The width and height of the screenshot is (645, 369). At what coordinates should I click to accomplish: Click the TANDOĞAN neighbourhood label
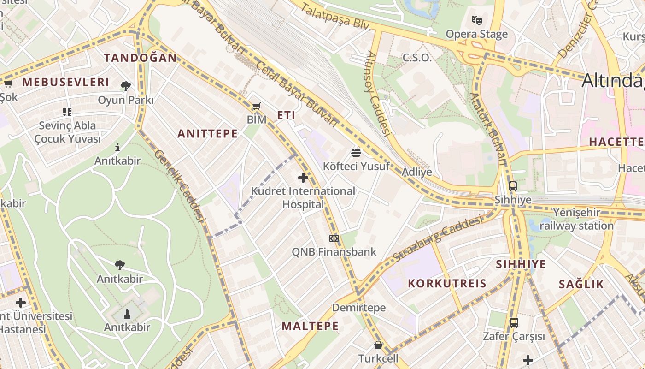tap(140, 58)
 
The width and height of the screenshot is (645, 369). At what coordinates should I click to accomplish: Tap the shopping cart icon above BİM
tap(257, 107)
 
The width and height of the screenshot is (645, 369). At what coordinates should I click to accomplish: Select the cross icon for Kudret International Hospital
tap(303, 178)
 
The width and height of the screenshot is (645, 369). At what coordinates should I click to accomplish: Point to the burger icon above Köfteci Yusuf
tap(356, 152)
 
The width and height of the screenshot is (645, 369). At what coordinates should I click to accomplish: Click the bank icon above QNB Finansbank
tap(334, 238)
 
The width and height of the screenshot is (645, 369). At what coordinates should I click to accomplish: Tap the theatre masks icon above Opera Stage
tap(476, 20)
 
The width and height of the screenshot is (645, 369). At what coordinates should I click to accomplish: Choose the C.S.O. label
tap(417, 58)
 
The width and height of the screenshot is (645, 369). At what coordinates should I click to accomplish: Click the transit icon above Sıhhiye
tap(513, 186)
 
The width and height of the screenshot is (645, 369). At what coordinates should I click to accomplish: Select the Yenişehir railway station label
tap(576, 220)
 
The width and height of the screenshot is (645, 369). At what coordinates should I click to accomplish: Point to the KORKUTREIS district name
tap(447, 283)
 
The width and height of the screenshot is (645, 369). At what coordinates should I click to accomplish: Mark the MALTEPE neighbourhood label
tap(310, 326)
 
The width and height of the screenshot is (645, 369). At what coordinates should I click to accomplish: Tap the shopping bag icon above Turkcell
tap(378, 345)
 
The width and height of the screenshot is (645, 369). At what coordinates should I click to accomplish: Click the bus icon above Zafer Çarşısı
tap(514, 323)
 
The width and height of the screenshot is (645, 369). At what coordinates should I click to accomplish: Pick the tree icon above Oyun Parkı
tap(125, 86)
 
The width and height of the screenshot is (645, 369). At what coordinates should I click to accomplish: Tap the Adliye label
tap(417, 172)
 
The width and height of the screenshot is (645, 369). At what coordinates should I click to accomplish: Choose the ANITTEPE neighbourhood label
tap(208, 134)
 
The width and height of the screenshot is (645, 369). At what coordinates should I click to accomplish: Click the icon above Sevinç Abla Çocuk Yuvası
tap(67, 112)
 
